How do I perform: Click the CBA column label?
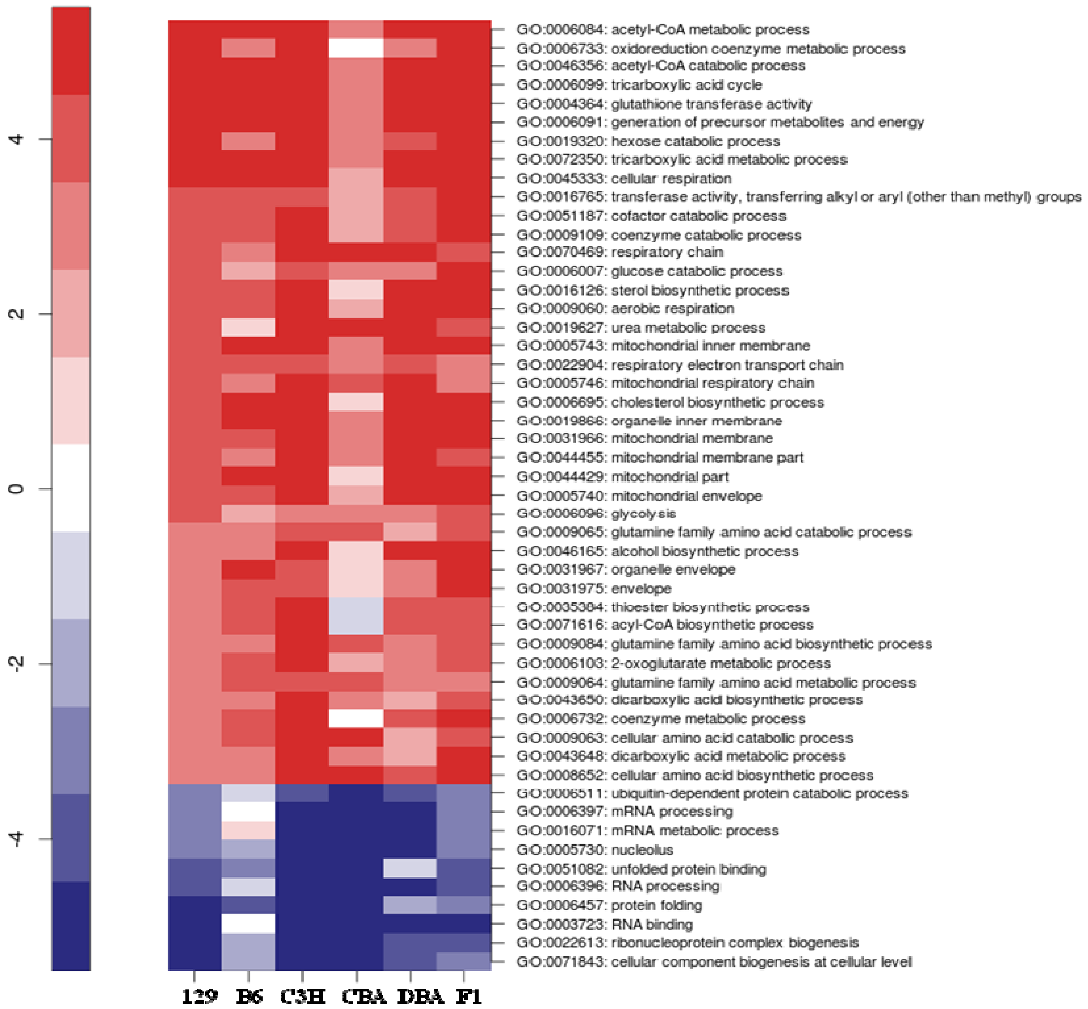(363, 996)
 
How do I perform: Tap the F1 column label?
(469, 996)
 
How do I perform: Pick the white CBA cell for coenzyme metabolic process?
(356, 718)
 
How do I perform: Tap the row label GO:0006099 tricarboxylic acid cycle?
(639, 85)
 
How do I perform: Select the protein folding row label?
(609, 905)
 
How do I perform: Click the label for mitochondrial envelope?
(639, 496)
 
